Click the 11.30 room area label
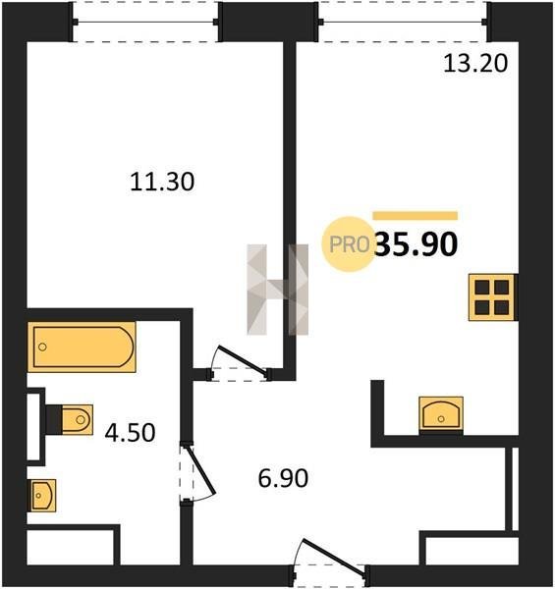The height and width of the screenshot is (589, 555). (x=162, y=182)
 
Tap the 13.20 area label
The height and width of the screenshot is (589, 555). (x=475, y=63)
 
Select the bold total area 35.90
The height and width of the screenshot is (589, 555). (x=416, y=244)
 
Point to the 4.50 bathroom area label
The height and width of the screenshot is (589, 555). (x=130, y=432)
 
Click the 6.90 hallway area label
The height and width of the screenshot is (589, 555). (x=283, y=478)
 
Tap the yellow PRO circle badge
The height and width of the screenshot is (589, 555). (x=349, y=244)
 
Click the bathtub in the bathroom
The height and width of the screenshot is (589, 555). (x=82, y=347)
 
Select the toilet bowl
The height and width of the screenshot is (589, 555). (x=77, y=419)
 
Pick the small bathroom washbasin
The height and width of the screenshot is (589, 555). (x=42, y=496)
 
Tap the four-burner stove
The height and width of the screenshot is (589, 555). (x=492, y=297)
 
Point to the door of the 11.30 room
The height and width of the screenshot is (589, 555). (x=241, y=361)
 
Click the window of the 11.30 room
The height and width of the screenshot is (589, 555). (x=145, y=22)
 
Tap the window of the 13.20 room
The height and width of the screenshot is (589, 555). (x=404, y=22)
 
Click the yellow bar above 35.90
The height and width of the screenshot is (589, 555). (x=416, y=216)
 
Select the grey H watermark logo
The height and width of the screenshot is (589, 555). (x=278, y=290)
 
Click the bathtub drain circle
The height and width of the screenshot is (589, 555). (x=42, y=347)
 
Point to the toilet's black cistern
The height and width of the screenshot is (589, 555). (x=54, y=419)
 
